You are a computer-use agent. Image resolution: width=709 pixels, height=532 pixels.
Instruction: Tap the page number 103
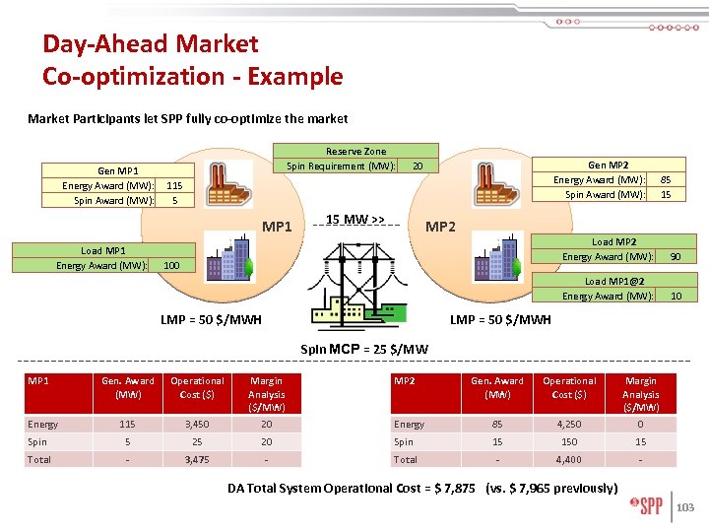pos(686,508)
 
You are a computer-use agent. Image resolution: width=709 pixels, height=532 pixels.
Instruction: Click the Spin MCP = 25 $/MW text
pos(364,348)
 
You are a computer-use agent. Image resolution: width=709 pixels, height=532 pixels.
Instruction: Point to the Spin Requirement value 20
pos(418,166)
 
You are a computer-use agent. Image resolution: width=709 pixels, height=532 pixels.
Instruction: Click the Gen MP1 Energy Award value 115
pos(173,186)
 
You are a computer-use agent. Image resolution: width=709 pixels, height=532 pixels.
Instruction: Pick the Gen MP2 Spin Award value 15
pos(666,195)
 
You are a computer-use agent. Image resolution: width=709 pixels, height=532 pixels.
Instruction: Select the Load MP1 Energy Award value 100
pos(171,266)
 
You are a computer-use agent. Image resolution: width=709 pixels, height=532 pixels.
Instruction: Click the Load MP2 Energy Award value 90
pos(675,257)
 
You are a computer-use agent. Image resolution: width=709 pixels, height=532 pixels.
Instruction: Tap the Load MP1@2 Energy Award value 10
pos(676,297)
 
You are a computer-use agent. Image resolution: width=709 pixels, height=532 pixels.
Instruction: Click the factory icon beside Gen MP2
pos(492,184)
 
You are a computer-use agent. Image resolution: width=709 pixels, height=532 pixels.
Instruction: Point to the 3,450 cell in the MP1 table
pos(197,425)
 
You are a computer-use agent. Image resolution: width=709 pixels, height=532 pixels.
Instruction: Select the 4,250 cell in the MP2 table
pos(569,425)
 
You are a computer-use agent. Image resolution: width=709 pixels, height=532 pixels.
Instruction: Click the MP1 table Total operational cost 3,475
pos(197,460)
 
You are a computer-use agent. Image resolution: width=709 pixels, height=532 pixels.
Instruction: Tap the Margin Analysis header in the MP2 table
pos(640,394)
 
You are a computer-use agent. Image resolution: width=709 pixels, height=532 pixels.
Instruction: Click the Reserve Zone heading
pos(355,152)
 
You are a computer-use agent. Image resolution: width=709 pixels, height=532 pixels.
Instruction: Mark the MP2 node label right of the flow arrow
pos(440,228)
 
